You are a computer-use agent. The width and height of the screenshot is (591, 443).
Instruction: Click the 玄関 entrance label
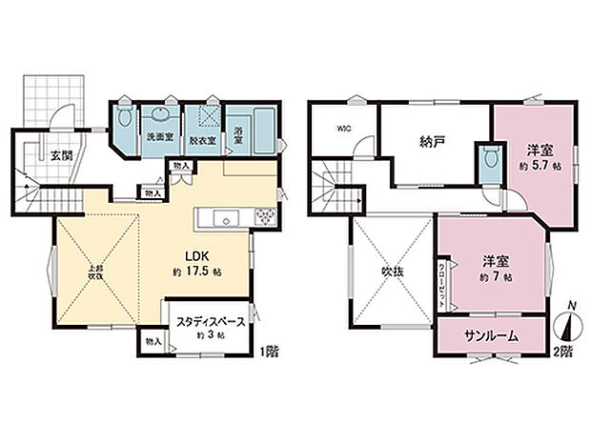(61, 154)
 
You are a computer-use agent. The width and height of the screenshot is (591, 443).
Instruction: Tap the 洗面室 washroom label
(159, 138)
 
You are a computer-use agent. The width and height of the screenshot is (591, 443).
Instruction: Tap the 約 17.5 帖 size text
(197, 273)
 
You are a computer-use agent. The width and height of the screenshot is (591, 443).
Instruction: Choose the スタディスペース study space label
(204, 322)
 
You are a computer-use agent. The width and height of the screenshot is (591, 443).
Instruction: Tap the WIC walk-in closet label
(343, 129)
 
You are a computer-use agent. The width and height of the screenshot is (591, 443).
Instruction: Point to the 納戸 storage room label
(432, 142)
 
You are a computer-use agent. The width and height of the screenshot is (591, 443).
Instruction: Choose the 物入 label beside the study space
(153, 340)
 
